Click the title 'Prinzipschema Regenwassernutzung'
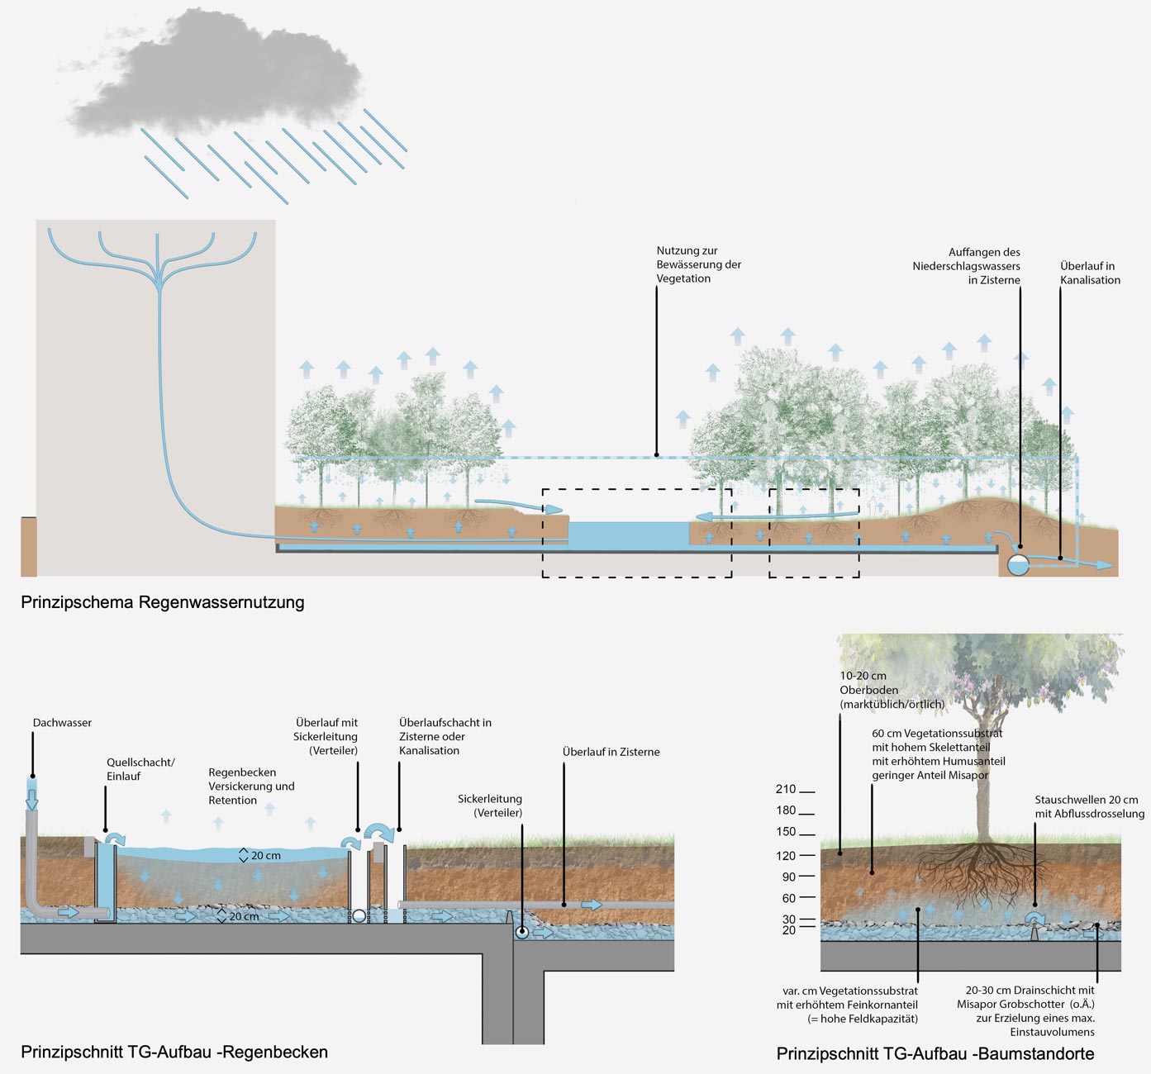pos(163,602)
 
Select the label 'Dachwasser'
pos(62,723)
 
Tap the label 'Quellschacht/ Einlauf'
pos(140,769)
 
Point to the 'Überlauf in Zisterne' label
pos(611,752)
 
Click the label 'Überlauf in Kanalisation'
pos(1090,273)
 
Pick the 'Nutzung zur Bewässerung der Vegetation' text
pos(698,264)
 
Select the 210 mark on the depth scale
pos(786,790)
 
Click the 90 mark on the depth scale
pos(788,877)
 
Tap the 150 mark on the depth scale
pos(786,832)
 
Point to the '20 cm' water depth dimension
pos(265,856)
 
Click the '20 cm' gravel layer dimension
pos(243,916)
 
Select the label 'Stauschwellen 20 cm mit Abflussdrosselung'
pos(1089,807)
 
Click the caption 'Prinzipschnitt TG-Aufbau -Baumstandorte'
pos(935,1053)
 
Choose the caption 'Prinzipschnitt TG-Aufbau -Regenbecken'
pos(174,1052)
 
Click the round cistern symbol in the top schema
pos(1018,565)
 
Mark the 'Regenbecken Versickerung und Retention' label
pos(251,786)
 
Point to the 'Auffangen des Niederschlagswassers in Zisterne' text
pos(966,266)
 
